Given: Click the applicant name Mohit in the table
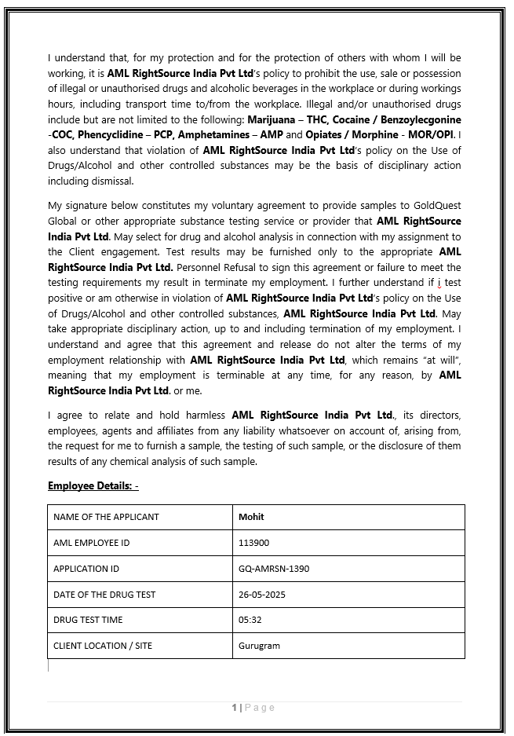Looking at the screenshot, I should pyautogui.click(x=251, y=517).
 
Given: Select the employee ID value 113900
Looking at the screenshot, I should pyautogui.click(x=253, y=543).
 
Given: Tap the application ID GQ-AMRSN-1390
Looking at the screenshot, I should pyautogui.click(x=274, y=569).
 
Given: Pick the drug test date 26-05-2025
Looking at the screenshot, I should pyautogui.click(x=262, y=595).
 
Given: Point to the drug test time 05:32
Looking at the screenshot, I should pyautogui.click(x=250, y=620).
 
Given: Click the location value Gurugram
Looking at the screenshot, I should pyautogui.click(x=259, y=646).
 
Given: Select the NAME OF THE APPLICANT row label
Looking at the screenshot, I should pyautogui.click(x=106, y=517).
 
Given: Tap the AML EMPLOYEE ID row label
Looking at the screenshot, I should pyautogui.click(x=91, y=543).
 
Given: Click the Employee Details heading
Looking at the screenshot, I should pyautogui.click(x=93, y=486).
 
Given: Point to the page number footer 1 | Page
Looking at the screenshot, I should pyautogui.click(x=253, y=708).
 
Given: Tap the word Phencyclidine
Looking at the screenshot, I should pyautogui.click(x=109, y=135).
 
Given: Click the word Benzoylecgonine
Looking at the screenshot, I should pyautogui.click(x=420, y=119).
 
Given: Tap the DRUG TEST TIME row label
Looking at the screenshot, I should pyautogui.click(x=88, y=620).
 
